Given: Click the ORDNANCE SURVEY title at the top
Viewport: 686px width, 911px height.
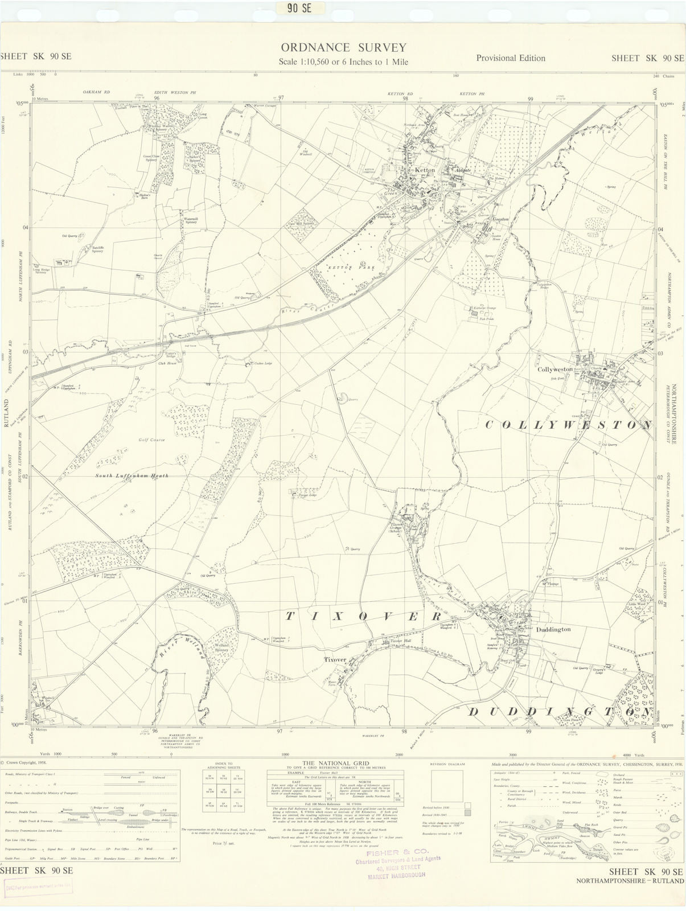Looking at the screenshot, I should coord(343,47).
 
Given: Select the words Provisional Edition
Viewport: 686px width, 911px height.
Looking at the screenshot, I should coord(510,58).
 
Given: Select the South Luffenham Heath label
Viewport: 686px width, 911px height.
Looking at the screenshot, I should coord(132,475).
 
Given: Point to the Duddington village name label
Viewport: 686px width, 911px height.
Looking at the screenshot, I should coord(553,630).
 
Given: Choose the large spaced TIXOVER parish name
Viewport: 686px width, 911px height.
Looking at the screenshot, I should coord(363,617).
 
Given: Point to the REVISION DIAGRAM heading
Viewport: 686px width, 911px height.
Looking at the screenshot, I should coord(447,764).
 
